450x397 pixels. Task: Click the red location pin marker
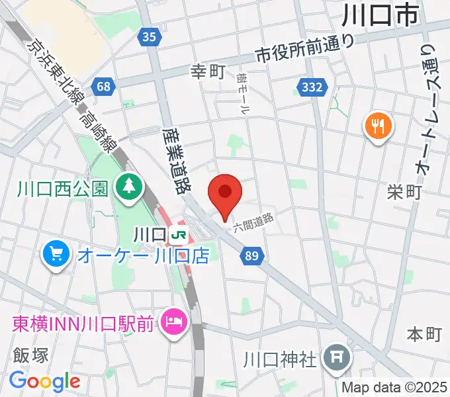(224, 193)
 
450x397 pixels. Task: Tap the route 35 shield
(150, 38)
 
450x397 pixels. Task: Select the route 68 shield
(103, 86)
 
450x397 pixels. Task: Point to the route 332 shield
(311, 87)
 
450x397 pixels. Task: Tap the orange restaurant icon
(378, 125)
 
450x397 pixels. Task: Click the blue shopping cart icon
(56, 253)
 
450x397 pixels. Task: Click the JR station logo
(177, 235)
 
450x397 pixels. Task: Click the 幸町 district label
(208, 71)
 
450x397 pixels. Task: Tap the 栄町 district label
(404, 193)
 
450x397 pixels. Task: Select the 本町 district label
(424, 334)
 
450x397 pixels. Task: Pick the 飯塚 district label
(30, 356)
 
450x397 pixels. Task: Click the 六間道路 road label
(253, 222)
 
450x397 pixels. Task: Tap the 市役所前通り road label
(305, 47)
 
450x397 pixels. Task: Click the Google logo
(45, 381)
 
